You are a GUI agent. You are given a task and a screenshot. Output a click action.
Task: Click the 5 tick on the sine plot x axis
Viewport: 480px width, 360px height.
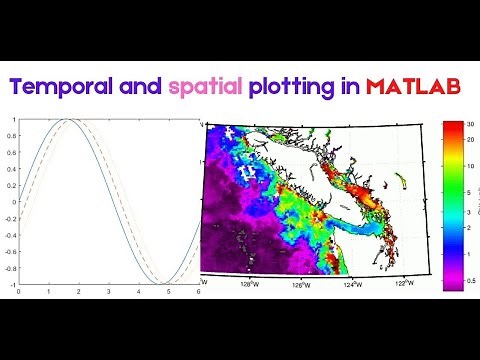(169, 292)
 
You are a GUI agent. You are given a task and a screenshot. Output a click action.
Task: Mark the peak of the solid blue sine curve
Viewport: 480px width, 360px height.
(63, 120)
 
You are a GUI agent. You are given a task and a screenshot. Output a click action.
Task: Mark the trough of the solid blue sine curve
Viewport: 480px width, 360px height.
(161, 284)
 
